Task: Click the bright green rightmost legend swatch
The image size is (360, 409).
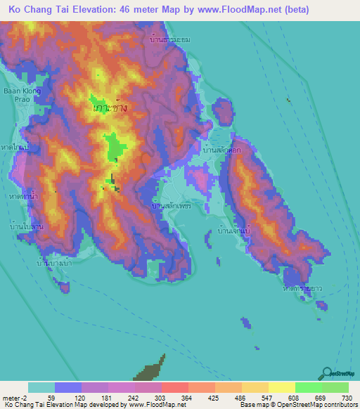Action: [x=335, y=387]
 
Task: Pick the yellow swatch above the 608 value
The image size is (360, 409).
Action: [x=281, y=387]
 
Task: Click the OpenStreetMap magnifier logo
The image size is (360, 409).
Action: [x=326, y=374]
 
